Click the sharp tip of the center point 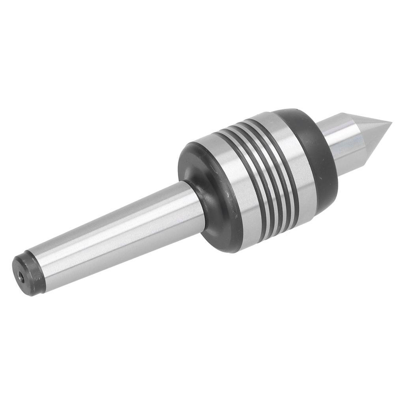391,123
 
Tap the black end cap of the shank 28,274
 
